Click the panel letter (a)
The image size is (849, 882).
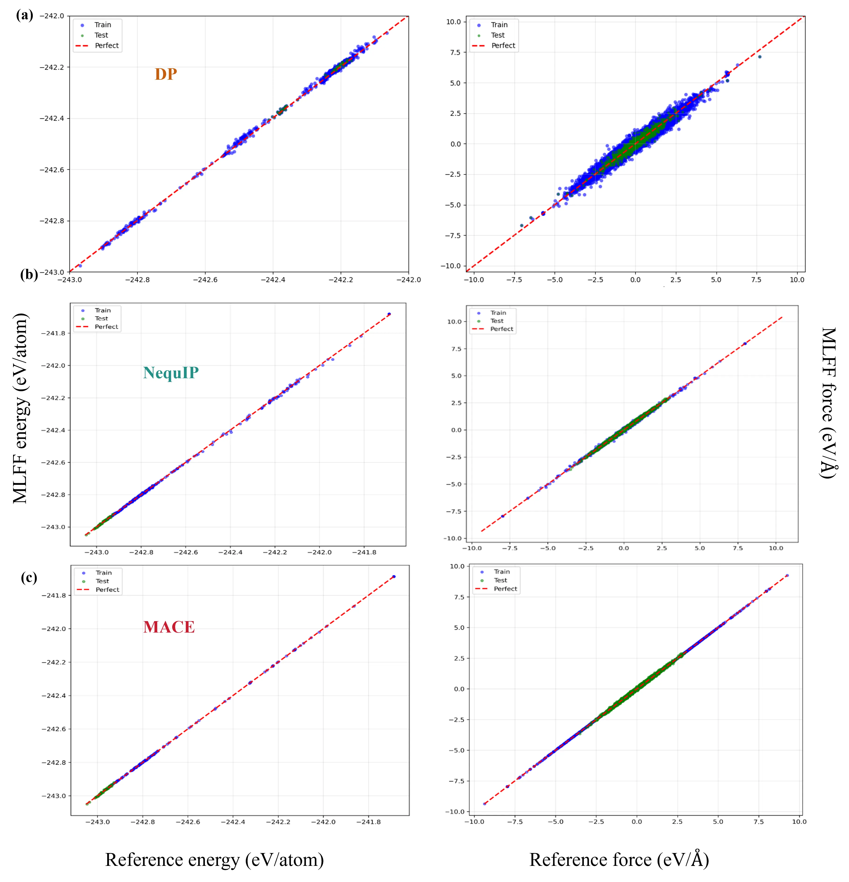click(24, 16)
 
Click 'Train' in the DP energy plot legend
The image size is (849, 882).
click(103, 25)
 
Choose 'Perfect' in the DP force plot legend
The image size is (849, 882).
click(503, 45)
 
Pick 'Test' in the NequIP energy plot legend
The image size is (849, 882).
click(101, 319)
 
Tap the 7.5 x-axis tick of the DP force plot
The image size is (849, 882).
click(756, 279)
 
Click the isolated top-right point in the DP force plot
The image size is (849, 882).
click(760, 57)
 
